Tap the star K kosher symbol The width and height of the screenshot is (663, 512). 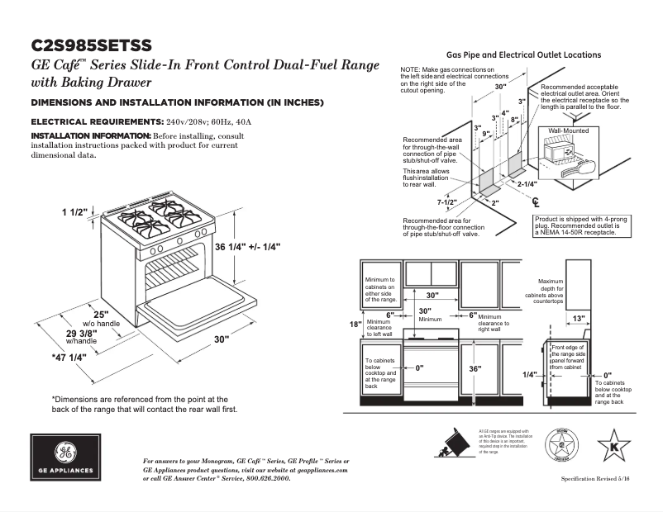[613, 446]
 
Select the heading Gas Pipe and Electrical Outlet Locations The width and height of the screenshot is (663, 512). [523, 55]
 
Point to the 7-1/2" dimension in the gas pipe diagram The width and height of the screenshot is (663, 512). [448, 201]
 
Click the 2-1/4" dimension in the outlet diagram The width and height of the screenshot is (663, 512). [527, 184]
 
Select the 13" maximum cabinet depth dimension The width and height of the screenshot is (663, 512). [579, 318]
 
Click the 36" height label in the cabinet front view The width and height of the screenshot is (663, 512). [474, 369]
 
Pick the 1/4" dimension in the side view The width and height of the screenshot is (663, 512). [529, 374]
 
